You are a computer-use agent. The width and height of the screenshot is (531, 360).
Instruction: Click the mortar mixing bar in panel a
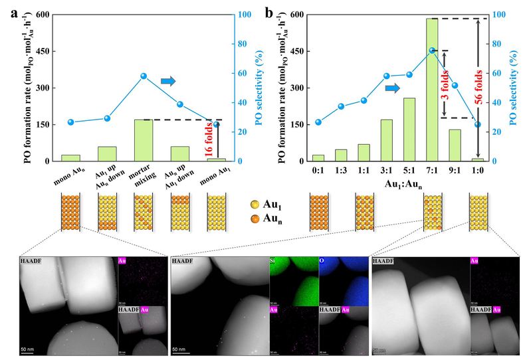click(x=144, y=140)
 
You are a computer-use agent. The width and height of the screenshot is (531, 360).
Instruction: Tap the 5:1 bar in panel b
click(x=409, y=130)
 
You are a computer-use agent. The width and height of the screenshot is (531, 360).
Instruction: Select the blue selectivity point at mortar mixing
click(x=144, y=76)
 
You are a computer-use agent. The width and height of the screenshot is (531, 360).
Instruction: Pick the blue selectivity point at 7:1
click(x=432, y=50)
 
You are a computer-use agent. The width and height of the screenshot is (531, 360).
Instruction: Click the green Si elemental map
click(x=294, y=278)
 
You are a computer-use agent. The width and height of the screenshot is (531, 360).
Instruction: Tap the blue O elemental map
click(x=343, y=278)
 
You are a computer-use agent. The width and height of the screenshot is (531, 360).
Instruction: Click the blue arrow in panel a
click(x=168, y=81)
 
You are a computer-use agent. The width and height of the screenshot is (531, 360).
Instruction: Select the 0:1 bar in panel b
click(x=318, y=158)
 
